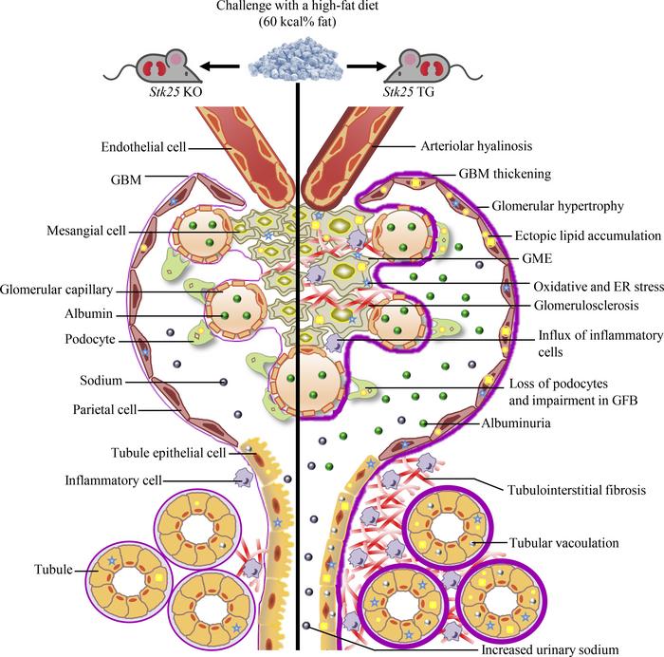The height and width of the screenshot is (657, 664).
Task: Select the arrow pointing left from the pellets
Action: (x=219, y=67)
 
